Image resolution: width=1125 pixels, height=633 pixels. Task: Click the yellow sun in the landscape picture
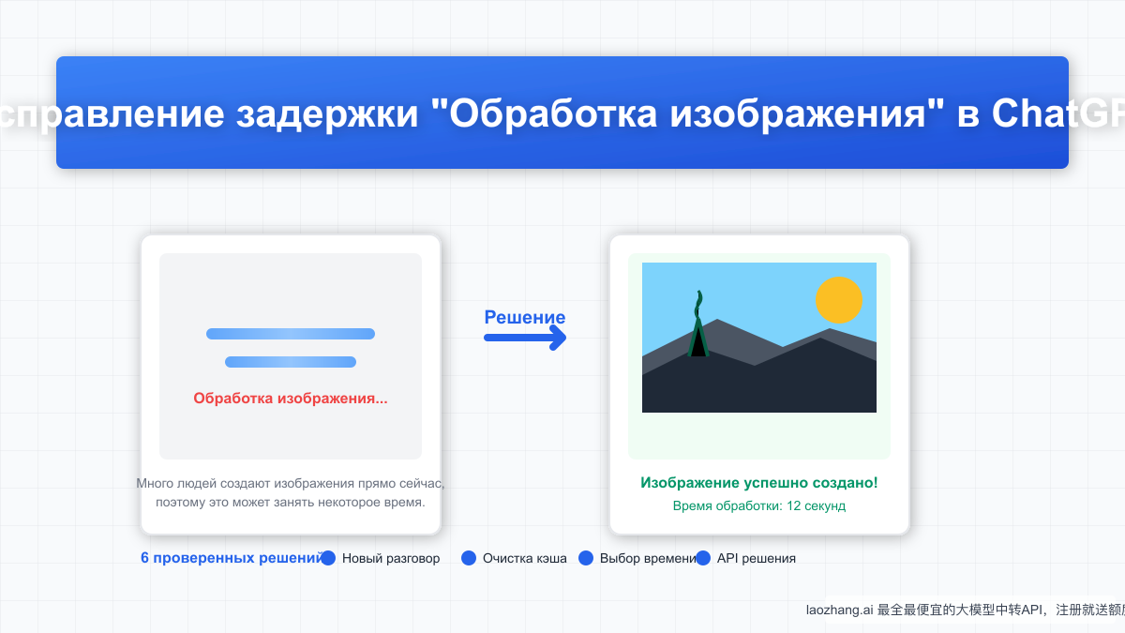(838, 300)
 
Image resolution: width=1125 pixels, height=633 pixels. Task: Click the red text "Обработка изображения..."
(291, 399)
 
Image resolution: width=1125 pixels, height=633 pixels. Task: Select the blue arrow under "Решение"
(526, 338)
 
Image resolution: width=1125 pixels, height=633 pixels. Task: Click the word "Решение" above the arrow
(525, 317)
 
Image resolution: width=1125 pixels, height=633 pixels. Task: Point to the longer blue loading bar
(291, 334)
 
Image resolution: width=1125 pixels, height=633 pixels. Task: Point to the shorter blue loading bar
(291, 362)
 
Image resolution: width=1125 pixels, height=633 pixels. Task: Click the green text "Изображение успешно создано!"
(759, 483)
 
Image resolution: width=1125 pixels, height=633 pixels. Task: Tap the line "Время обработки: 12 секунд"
(759, 505)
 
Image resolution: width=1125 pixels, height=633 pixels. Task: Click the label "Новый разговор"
(391, 558)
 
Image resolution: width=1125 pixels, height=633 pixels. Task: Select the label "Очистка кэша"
(525, 558)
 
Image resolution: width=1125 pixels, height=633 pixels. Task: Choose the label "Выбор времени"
(647, 558)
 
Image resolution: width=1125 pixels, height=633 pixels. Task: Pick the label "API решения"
(757, 558)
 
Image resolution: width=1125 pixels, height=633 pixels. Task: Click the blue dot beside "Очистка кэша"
(470, 558)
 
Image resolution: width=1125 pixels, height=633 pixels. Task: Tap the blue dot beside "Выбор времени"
(586, 558)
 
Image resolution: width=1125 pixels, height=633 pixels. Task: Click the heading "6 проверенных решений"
(232, 558)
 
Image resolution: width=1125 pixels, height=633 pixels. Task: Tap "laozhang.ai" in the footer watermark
(840, 610)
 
